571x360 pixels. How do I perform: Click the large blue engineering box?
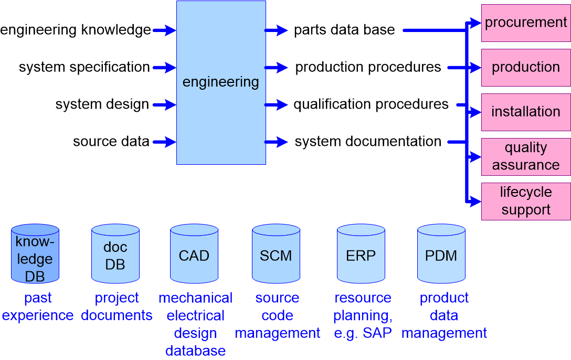[221, 82]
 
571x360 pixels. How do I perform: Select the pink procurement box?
[526, 23]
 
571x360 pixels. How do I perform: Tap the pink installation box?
[526, 112]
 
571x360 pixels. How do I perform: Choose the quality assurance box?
[526, 156]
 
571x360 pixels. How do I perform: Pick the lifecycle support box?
[526, 201]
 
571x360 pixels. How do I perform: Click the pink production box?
[526, 67]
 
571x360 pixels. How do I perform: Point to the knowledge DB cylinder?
[35, 254]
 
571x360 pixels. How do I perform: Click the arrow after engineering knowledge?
[164, 30]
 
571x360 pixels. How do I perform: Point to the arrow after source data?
[164, 142]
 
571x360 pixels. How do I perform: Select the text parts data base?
[344, 30]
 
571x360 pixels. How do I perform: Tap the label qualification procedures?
[371, 104]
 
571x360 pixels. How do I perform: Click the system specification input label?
[84, 67]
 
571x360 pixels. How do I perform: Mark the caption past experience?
[38, 306]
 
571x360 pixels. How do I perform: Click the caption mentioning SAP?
[363, 315]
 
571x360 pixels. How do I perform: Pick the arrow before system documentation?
[276, 142]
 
